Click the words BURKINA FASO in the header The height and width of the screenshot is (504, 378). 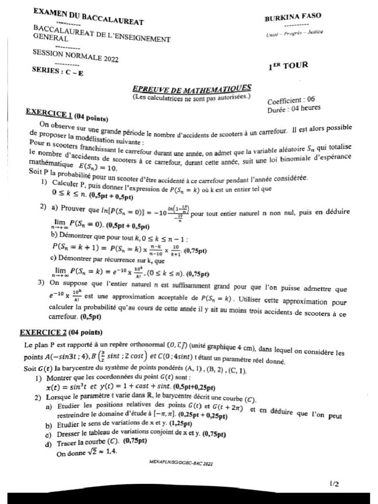tap(293, 17)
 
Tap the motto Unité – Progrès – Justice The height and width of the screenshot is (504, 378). tap(294, 33)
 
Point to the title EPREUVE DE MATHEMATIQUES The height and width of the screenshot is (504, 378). tap(192, 89)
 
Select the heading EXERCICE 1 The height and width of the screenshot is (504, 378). tap(49, 113)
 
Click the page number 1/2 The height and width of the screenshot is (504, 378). tap(334, 484)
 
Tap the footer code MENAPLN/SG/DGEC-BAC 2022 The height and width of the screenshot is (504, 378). tap(181, 463)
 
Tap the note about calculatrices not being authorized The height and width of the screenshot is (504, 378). tap(191, 97)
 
